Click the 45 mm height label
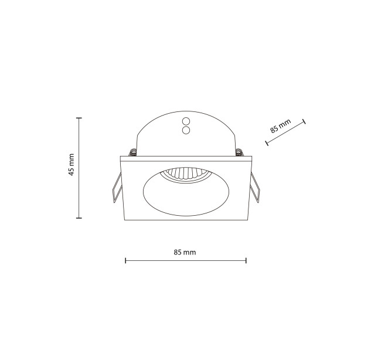[x=72, y=165]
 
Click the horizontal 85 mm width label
[x=185, y=252]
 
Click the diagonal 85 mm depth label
[x=280, y=126]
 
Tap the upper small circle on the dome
[x=186, y=121]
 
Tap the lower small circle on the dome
[x=186, y=130]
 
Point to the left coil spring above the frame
[x=132, y=152]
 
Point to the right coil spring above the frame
[x=240, y=152]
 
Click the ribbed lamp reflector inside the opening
[x=186, y=175]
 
